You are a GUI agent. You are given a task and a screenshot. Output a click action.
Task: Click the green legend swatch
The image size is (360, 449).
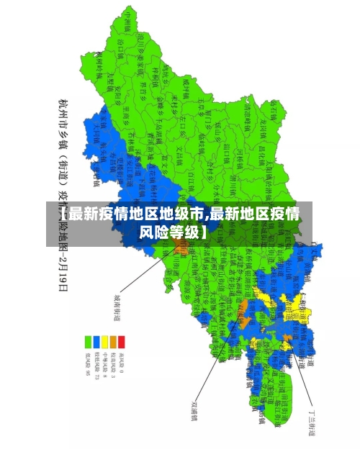[x=89, y=341]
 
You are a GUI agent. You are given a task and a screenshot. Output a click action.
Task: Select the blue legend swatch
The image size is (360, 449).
[x=96, y=341]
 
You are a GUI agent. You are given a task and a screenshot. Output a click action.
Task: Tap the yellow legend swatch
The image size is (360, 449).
[x=105, y=341]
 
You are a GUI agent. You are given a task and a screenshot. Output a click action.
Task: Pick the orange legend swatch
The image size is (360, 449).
[x=113, y=341]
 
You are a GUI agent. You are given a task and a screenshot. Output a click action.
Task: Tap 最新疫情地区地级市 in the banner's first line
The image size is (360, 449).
[x=134, y=214]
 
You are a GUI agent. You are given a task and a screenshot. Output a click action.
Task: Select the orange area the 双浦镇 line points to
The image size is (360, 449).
[x=243, y=307]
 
